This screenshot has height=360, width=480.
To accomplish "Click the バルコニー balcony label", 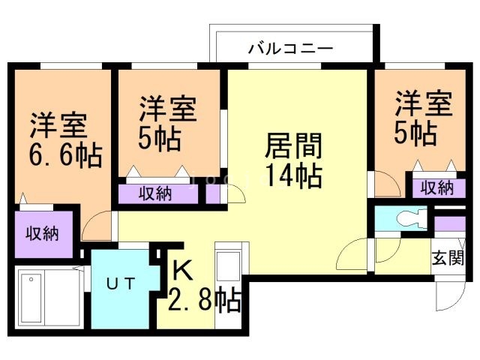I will coord(290,50).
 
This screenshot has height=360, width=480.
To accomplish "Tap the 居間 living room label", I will coord(292,143).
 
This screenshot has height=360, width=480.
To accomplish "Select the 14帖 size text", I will coord(292,176).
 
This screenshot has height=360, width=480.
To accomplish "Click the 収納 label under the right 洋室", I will coord(436,187).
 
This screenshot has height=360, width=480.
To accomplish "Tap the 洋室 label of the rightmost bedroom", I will coord(424,103).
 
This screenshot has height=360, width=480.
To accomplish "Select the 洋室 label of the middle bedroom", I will coord(169,109).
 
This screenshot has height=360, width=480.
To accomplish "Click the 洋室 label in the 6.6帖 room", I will coord(58,124).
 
